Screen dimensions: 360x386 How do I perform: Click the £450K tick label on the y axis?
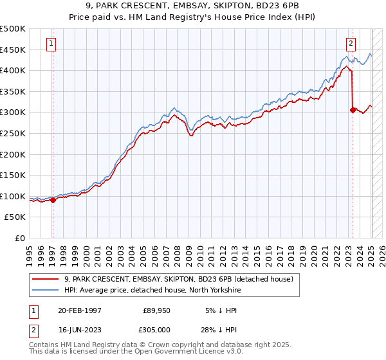[13, 50]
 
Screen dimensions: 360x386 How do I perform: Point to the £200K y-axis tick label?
[13, 154]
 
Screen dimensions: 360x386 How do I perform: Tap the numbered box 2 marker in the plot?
[351, 44]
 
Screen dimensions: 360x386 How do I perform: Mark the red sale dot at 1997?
[53, 200]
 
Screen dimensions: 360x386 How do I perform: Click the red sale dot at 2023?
[353, 110]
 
